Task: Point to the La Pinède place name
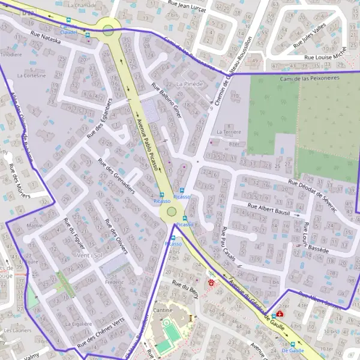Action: (x=190, y=83)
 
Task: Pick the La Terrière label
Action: (x=229, y=131)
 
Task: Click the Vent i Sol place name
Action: (x=89, y=255)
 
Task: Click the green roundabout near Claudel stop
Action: (x=108, y=30)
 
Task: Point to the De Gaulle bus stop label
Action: (x=293, y=350)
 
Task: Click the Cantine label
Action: (x=163, y=310)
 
